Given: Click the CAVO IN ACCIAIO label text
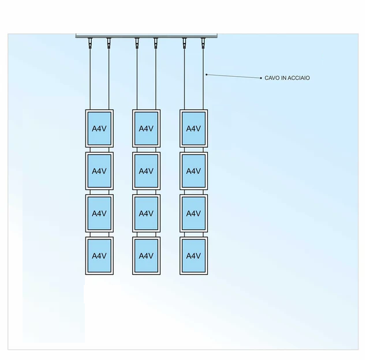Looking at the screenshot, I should (x=287, y=78).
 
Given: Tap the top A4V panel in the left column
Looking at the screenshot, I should (x=99, y=128).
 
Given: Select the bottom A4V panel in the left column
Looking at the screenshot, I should (x=99, y=256).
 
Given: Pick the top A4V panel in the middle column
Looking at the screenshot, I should (x=146, y=128).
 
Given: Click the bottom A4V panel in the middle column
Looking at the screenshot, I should (x=146, y=256).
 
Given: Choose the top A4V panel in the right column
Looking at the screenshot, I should (x=193, y=128).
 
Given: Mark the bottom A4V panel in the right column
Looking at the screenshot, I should (x=193, y=256).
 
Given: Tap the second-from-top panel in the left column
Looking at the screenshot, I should (x=99, y=171).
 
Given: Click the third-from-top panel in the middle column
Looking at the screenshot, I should (x=146, y=213).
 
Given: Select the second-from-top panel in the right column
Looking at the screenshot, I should (x=193, y=171).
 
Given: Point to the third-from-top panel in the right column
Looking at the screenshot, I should (x=193, y=213).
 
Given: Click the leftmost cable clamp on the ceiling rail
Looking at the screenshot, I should (x=89, y=42).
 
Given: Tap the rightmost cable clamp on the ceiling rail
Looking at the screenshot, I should (x=203, y=42).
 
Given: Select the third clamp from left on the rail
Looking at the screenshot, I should (x=137, y=42).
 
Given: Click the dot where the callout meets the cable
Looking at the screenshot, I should (x=206, y=74).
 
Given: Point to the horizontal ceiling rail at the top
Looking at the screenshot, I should (x=147, y=36).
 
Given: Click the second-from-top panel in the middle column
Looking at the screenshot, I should (x=146, y=171).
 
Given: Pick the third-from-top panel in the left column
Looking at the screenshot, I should (x=99, y=213).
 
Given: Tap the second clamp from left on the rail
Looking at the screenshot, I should (x=109, y=42).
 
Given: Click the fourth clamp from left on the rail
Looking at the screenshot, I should (x=156, y=42).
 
